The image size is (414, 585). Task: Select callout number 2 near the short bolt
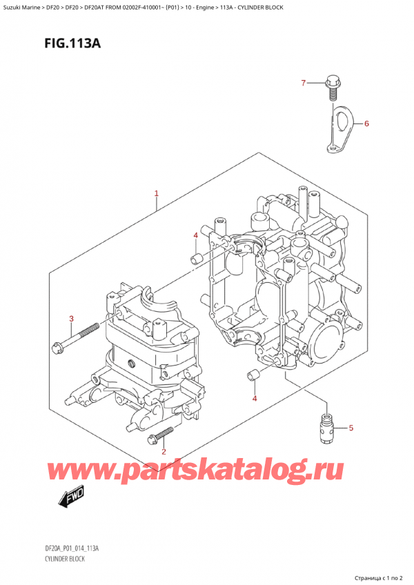[x=163, y=452]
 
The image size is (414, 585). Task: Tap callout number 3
[x=71, y=318]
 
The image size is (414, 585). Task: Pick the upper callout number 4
[x=195, y=236]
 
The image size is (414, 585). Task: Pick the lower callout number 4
[x=255, y=399]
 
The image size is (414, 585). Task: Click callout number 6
[x=366, y=124]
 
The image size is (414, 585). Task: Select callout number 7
[x=302, y=83]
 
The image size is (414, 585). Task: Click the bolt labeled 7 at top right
[x=331, y=87]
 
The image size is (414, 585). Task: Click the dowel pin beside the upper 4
[x=195, y=259]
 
